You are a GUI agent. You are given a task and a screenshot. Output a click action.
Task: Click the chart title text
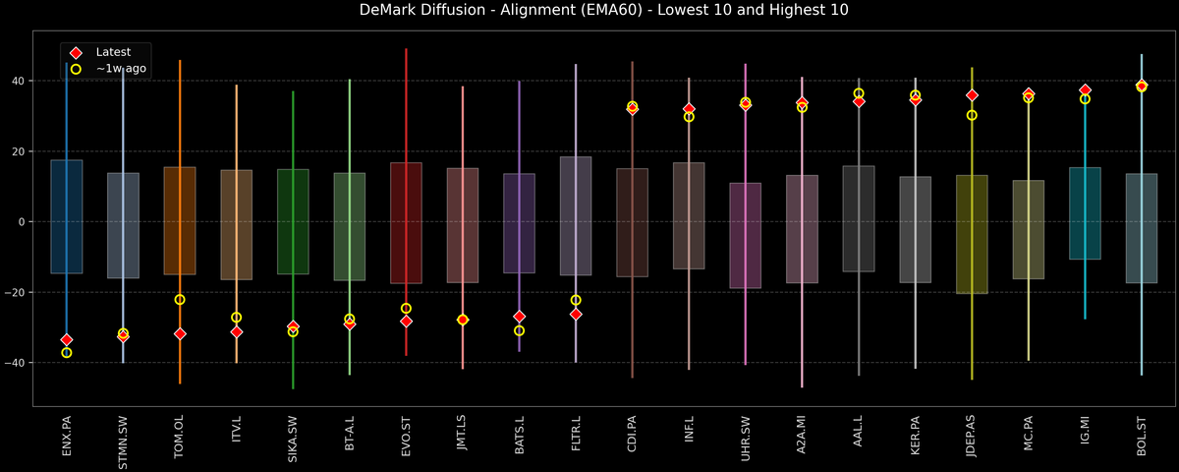pos(589,11)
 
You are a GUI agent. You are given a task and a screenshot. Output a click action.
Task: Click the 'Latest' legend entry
pos(113,51)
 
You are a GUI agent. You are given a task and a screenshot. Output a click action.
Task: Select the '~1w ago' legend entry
pos(120,68)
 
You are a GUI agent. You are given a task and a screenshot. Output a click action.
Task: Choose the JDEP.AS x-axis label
pos(972,442)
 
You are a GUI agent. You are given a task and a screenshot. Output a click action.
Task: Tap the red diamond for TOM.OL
pos(180,334)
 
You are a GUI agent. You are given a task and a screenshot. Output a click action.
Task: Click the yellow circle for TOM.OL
pos(180,300)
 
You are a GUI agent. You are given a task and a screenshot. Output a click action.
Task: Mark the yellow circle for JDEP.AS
pos(972,115)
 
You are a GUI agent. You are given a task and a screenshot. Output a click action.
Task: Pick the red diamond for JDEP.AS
pos(972,95)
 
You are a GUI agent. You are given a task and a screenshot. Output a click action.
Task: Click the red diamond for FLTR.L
pos(576,315)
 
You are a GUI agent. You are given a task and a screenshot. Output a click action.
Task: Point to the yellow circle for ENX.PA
pos(66,352)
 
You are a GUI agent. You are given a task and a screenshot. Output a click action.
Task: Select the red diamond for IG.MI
pos(1085,90)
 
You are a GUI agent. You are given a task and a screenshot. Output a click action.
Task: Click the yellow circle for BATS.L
pos(519,330)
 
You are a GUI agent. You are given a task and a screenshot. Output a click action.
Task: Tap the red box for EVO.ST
pos(406,222)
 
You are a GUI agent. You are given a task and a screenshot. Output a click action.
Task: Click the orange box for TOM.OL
pos(180,220)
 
